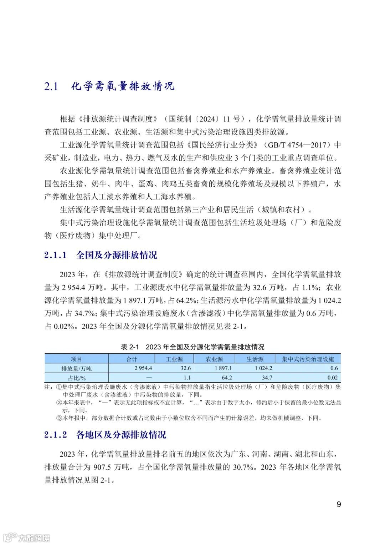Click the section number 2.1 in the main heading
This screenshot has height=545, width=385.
[x=51, y=86]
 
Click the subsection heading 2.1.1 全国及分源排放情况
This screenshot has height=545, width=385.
[x=101, y=255]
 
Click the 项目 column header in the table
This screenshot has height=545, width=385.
[x=76, y=359]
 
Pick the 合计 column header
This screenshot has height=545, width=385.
[x=132, y=359]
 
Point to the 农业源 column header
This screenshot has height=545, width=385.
[x=215, y=359]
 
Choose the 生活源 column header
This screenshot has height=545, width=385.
[x=255, y=359]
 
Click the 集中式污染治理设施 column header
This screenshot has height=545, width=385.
[x=308, y=359]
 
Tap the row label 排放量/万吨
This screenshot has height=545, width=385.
[x=76, y=368]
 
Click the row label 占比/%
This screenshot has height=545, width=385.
[x=76, y=378]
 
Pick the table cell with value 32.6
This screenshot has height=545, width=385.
[x=186, y=368]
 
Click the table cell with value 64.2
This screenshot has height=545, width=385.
[x=227, y=378]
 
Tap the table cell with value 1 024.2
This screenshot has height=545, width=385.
[x=264, y=368]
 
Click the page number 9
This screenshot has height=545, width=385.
[x=339, y=504]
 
